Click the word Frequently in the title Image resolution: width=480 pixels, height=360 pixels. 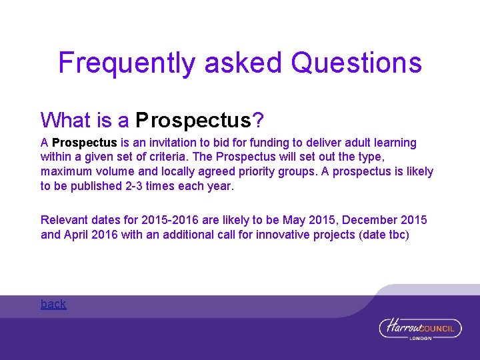click(127, 63)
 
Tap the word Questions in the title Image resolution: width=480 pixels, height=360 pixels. click(357, 63)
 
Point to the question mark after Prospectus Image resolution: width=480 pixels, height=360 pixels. click(258, 120)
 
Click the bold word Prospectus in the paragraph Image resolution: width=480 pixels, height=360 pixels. click(85, 143)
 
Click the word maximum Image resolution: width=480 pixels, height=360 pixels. click(66, 172)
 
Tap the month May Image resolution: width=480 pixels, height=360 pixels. click(294, 220)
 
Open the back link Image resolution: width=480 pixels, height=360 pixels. click(53, 304)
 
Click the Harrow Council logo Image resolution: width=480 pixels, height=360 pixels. click(420, 328)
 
